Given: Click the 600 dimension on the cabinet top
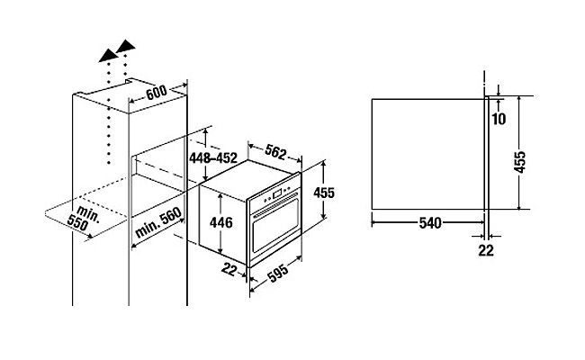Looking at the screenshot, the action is coord(156,92).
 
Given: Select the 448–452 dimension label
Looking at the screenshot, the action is coord(213,157).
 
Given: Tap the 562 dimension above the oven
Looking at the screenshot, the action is coord(275,152).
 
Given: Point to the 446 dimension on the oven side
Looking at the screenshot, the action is coord(220,222).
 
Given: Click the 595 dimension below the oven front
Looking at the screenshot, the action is coord(278,273).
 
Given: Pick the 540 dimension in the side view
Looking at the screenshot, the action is coord(430,223).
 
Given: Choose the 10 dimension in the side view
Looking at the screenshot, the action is coord(499,119).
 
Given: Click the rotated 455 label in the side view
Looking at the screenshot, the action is coord(519,161).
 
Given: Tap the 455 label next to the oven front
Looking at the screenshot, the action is coord(324,193).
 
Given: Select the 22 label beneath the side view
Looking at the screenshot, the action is coord(486,250).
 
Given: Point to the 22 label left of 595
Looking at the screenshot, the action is coord(229,269).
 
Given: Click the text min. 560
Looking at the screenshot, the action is coord(158,222).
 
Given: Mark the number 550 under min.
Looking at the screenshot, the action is coord(77,223).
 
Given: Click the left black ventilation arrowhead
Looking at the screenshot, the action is coord(108,55).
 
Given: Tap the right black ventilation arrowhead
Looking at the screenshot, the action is coord(126,46).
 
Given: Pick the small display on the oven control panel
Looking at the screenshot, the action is coord(277,194).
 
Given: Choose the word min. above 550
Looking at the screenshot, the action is coord(89,214).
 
